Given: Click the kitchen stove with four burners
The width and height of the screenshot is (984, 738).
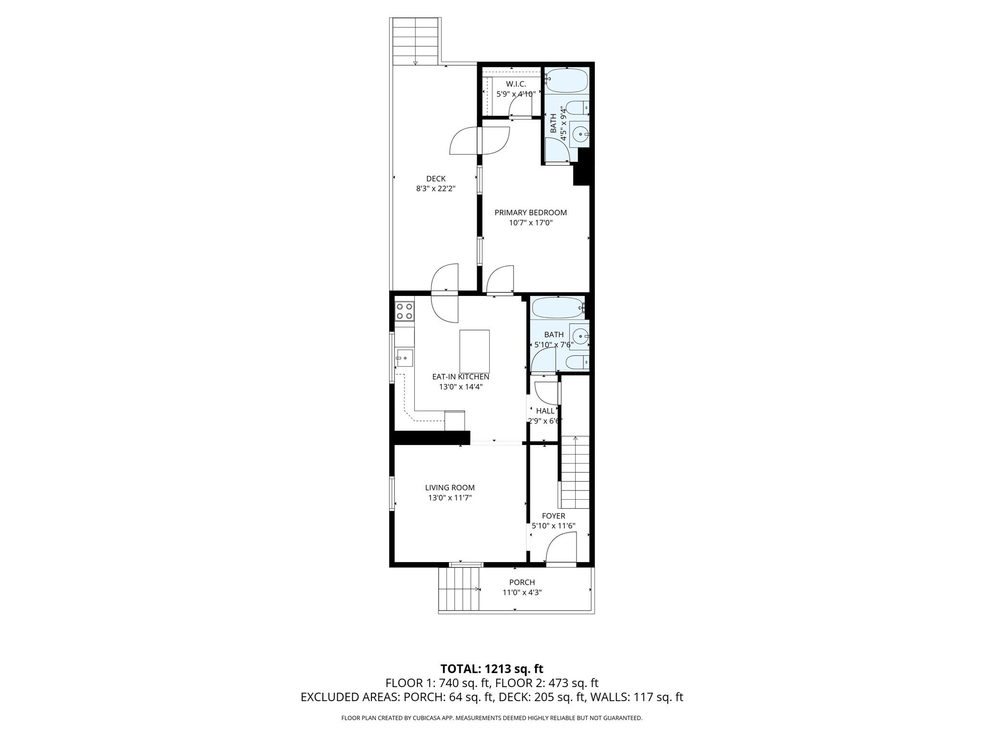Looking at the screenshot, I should [x=405, y=310].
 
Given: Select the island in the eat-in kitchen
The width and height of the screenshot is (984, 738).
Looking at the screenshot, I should [x=474, y=351].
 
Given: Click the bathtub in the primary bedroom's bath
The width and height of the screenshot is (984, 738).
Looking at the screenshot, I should [x=567, y=81].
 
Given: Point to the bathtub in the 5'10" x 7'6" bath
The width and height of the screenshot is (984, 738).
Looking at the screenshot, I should [x=557, y=308].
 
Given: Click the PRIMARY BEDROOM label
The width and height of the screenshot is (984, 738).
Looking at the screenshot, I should [x=530, y=212].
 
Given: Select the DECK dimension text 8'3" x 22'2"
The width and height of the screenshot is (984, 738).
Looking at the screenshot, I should [x=435, y=189].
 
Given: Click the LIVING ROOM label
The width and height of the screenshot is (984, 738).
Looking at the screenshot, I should [x=450, y=488].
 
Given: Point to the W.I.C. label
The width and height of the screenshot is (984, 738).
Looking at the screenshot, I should [x=516, y=84].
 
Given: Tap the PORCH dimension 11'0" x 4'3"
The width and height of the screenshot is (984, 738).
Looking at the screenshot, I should [x=522, y=592].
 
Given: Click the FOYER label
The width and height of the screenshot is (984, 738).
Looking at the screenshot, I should [x=553, y=516].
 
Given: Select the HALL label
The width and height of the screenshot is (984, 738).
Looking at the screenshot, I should [x=545, y=411].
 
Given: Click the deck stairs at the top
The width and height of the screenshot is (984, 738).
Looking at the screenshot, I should [x=416, y=41].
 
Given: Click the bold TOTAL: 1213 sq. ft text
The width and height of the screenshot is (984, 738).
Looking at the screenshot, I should [x=492, y=668].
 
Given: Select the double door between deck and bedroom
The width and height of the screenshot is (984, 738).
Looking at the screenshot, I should [x=480, y=141].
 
